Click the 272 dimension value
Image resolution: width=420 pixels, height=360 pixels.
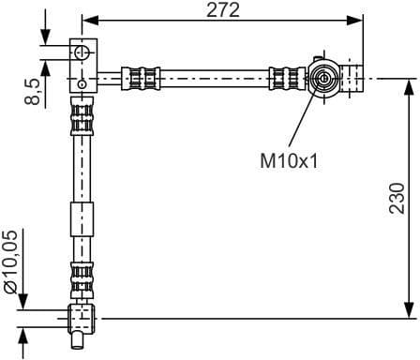point(221,10)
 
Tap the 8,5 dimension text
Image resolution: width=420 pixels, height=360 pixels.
point(34,91)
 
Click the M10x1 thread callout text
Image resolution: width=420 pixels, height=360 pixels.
point(289,160)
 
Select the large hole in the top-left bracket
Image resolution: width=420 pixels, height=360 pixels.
point(82,52)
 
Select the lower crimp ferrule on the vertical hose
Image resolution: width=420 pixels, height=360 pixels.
point(82,277)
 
